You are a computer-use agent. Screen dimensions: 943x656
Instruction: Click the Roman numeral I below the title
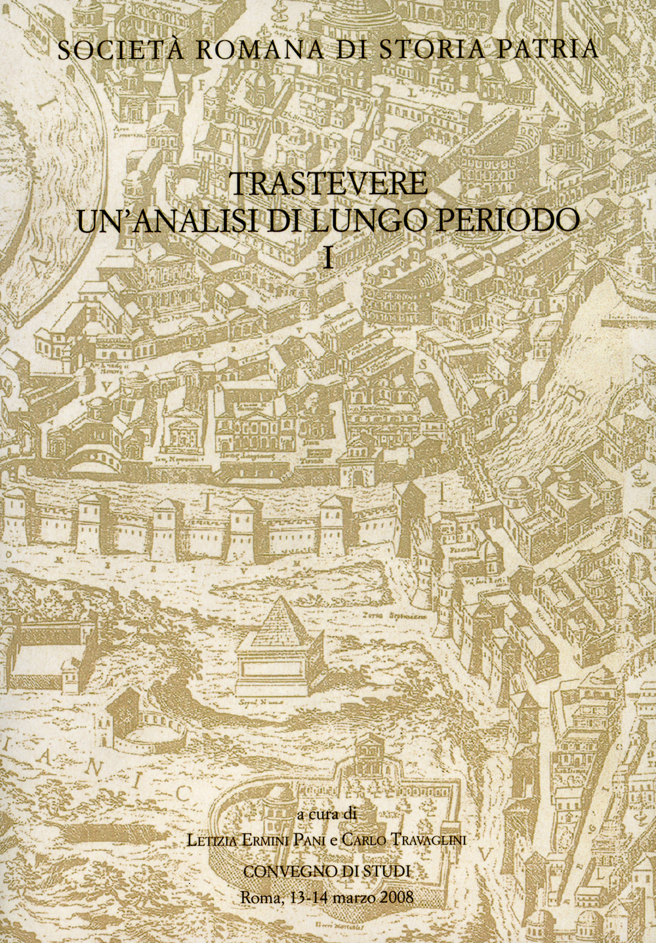(x=329, y=257)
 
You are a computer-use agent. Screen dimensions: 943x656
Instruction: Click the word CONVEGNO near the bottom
(x=285, y=871)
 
